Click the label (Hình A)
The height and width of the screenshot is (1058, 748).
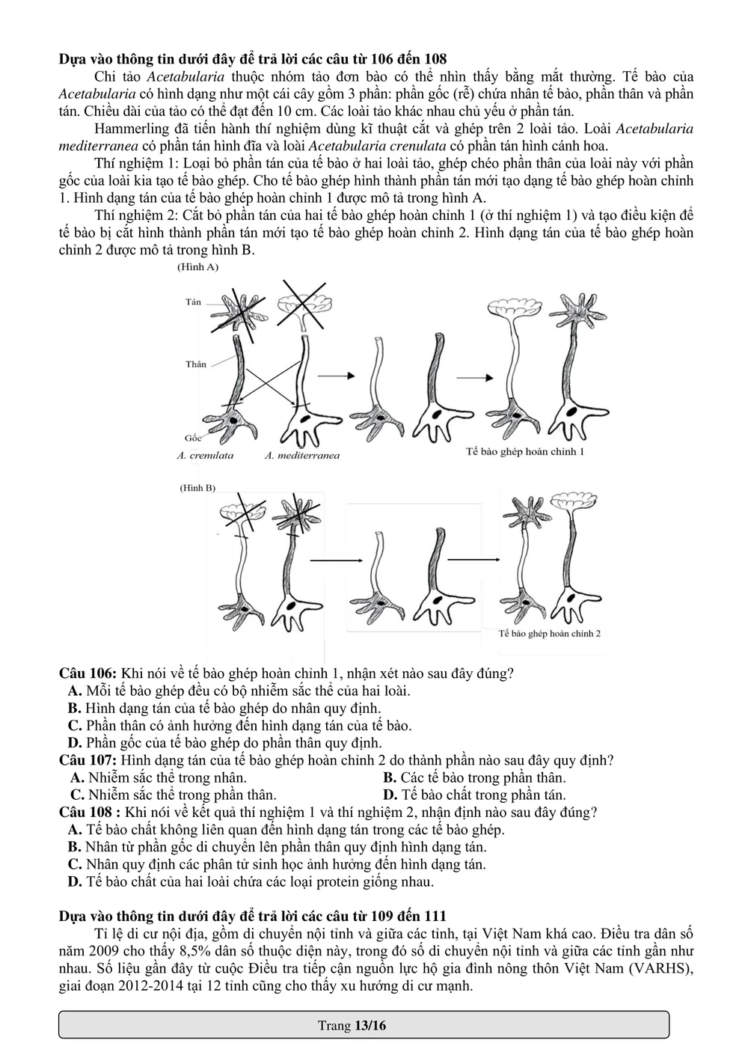pyautogui.click(x=197, y=266)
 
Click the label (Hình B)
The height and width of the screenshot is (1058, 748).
pyautogui.click(x=197, y=488)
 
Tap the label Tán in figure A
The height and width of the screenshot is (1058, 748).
pyautogui.click(x=193, y=302)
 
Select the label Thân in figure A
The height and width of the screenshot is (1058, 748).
pyautogui.click(x=196, y=364)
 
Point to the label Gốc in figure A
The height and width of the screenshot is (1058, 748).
pyautogui.click(x=192, y=438)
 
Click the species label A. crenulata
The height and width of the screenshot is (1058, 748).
pyautogui.click(x=205, y=455)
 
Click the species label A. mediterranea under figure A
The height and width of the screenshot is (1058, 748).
pyautogui.click(x=301, y=455)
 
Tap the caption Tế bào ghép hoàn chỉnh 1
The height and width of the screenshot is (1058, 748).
pyautogui.click(x=524, y=452)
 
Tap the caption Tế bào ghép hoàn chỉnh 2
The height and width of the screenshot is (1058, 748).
pyautogui.click(x=550, y=633)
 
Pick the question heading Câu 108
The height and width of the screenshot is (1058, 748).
pyautogui.click(x=88, y=813)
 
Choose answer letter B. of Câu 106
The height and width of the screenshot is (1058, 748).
pyautogui.click(x=74, y=708)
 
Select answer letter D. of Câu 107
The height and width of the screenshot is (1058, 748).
pyautogui.click(x=390, y=795)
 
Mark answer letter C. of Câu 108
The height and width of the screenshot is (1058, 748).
pyautogui.click(x=74, y=864)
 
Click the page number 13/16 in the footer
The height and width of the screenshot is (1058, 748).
pyautogui.click(x=370, y=1025)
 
